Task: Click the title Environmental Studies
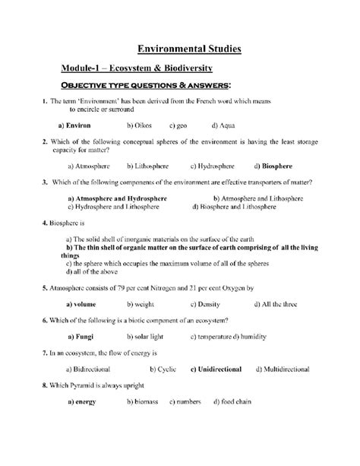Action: (x=188, y=49)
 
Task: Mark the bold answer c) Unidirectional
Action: (x=216, y=369)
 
